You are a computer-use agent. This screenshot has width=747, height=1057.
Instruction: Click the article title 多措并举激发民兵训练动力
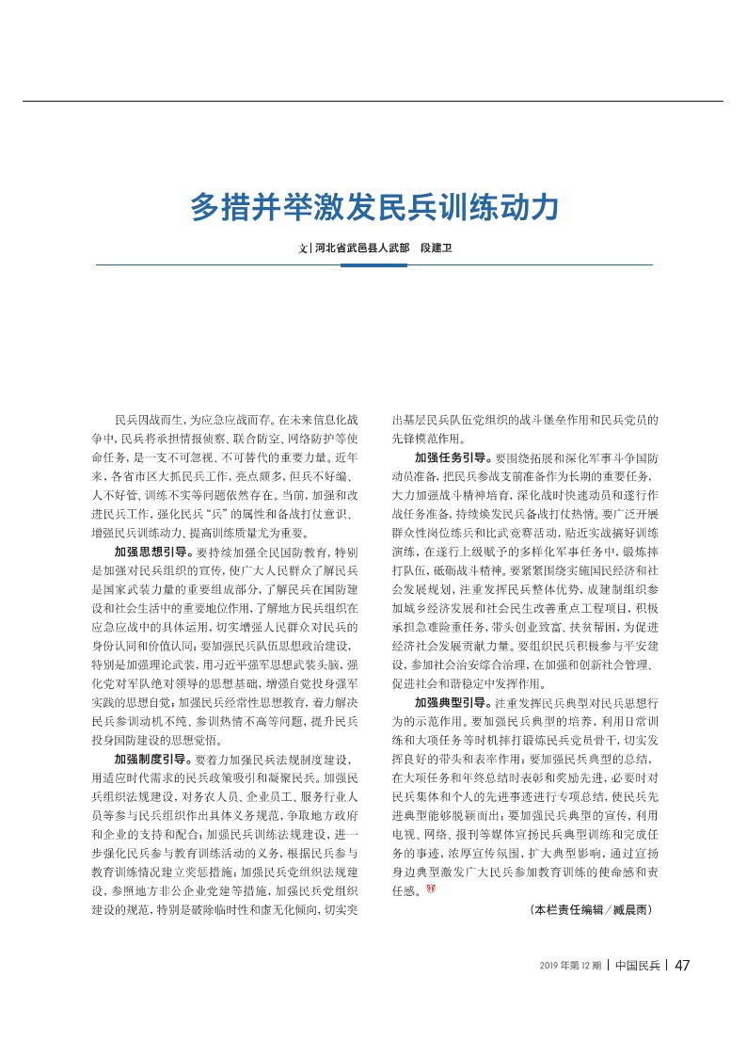373,206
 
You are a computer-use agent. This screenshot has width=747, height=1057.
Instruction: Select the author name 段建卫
434,248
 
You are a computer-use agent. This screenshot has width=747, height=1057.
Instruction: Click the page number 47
683,965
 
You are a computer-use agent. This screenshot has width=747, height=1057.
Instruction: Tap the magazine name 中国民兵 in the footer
637,965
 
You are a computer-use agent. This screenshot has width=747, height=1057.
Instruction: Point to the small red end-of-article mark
431,890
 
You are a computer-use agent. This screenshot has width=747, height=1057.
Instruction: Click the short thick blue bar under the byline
373,264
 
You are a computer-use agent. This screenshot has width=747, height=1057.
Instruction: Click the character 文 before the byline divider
303,249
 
